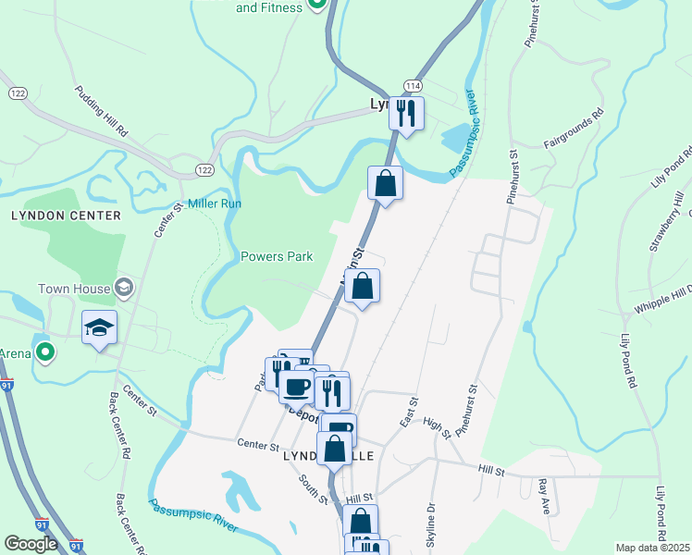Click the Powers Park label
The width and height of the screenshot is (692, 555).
click(x=277, y=256)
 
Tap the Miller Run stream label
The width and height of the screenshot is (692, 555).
click(x=215, y=203)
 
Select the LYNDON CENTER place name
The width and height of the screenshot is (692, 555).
click(x=66, y=216)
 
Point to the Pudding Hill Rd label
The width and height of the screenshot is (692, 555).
click(x=102, y=114)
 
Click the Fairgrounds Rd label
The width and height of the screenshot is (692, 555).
click(x=574, y=129)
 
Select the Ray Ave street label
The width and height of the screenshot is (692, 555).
click(x=544, y=498)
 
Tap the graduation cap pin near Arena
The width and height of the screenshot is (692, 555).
click(x=100, y=328)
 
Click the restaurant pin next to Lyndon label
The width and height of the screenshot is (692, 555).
click(x=405, y=114)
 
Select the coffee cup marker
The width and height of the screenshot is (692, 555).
click(x=297, y=386)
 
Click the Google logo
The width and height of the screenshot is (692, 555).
click(x=31, y=544)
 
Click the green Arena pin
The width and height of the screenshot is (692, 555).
click(x=43, y=351)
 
